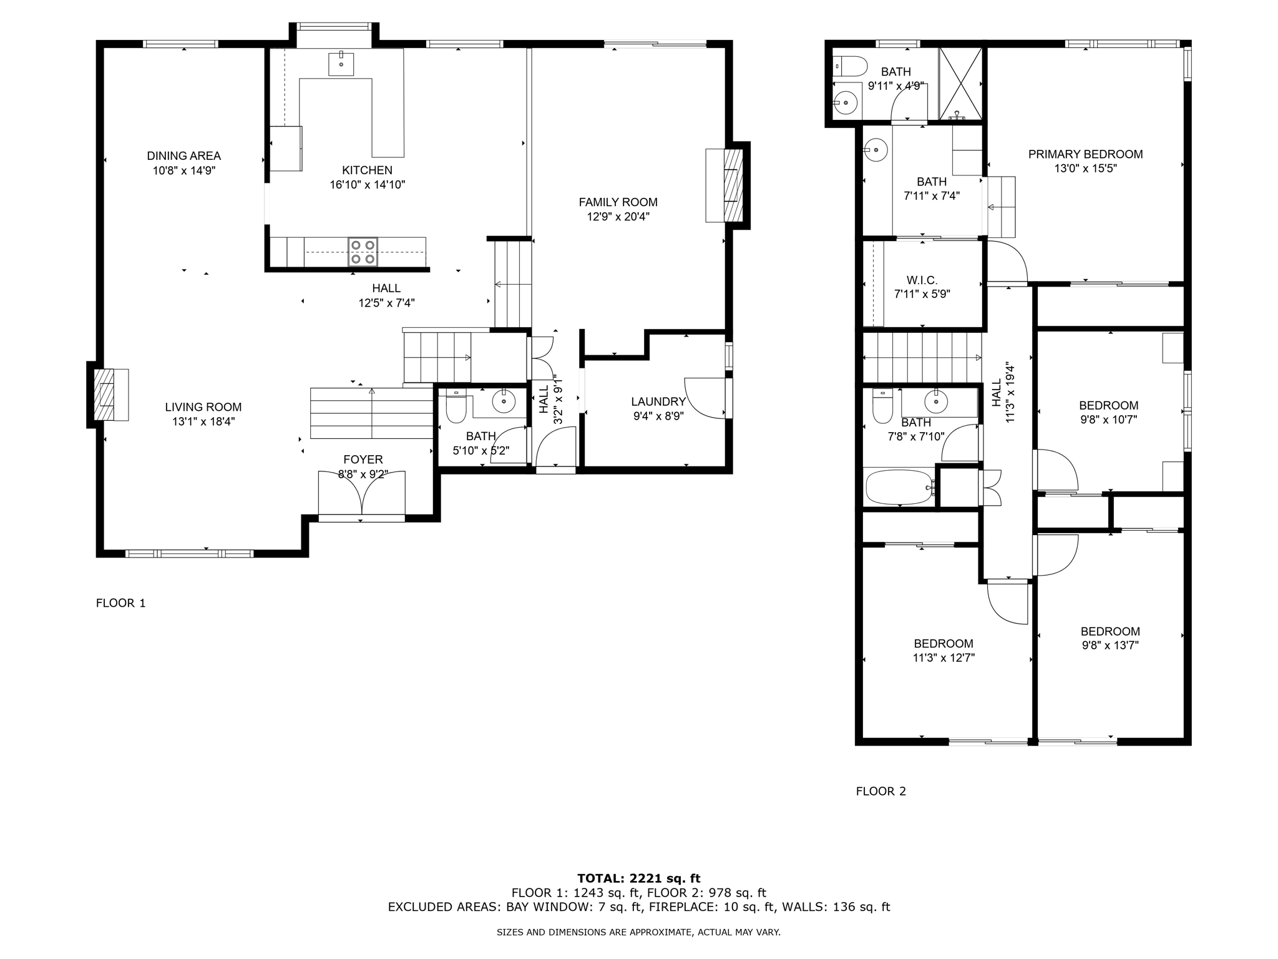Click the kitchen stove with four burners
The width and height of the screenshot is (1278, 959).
point(363,252)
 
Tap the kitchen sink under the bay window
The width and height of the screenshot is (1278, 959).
point(341,64)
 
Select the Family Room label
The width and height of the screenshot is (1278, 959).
point(618,202)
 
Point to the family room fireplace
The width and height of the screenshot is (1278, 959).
point(727,185)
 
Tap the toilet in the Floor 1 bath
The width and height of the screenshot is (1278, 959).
point(456,406)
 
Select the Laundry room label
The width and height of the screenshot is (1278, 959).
point(658,402)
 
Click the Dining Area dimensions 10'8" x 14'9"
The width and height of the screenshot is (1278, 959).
point(184,170)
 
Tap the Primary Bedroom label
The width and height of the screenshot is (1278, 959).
point(1086,154)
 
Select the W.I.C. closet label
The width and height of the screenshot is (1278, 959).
point(922,281)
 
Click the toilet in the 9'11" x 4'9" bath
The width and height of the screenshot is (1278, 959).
point(849,66)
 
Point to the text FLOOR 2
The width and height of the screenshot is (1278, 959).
point(881,792)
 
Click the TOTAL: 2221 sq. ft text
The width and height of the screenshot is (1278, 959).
point(639,879)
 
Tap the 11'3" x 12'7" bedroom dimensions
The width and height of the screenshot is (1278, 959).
point(944,657)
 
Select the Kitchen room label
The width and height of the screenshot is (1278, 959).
point(368,170)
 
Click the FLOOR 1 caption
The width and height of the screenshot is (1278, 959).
point(120,603)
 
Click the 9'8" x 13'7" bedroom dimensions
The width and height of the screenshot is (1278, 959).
point(1111,645)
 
